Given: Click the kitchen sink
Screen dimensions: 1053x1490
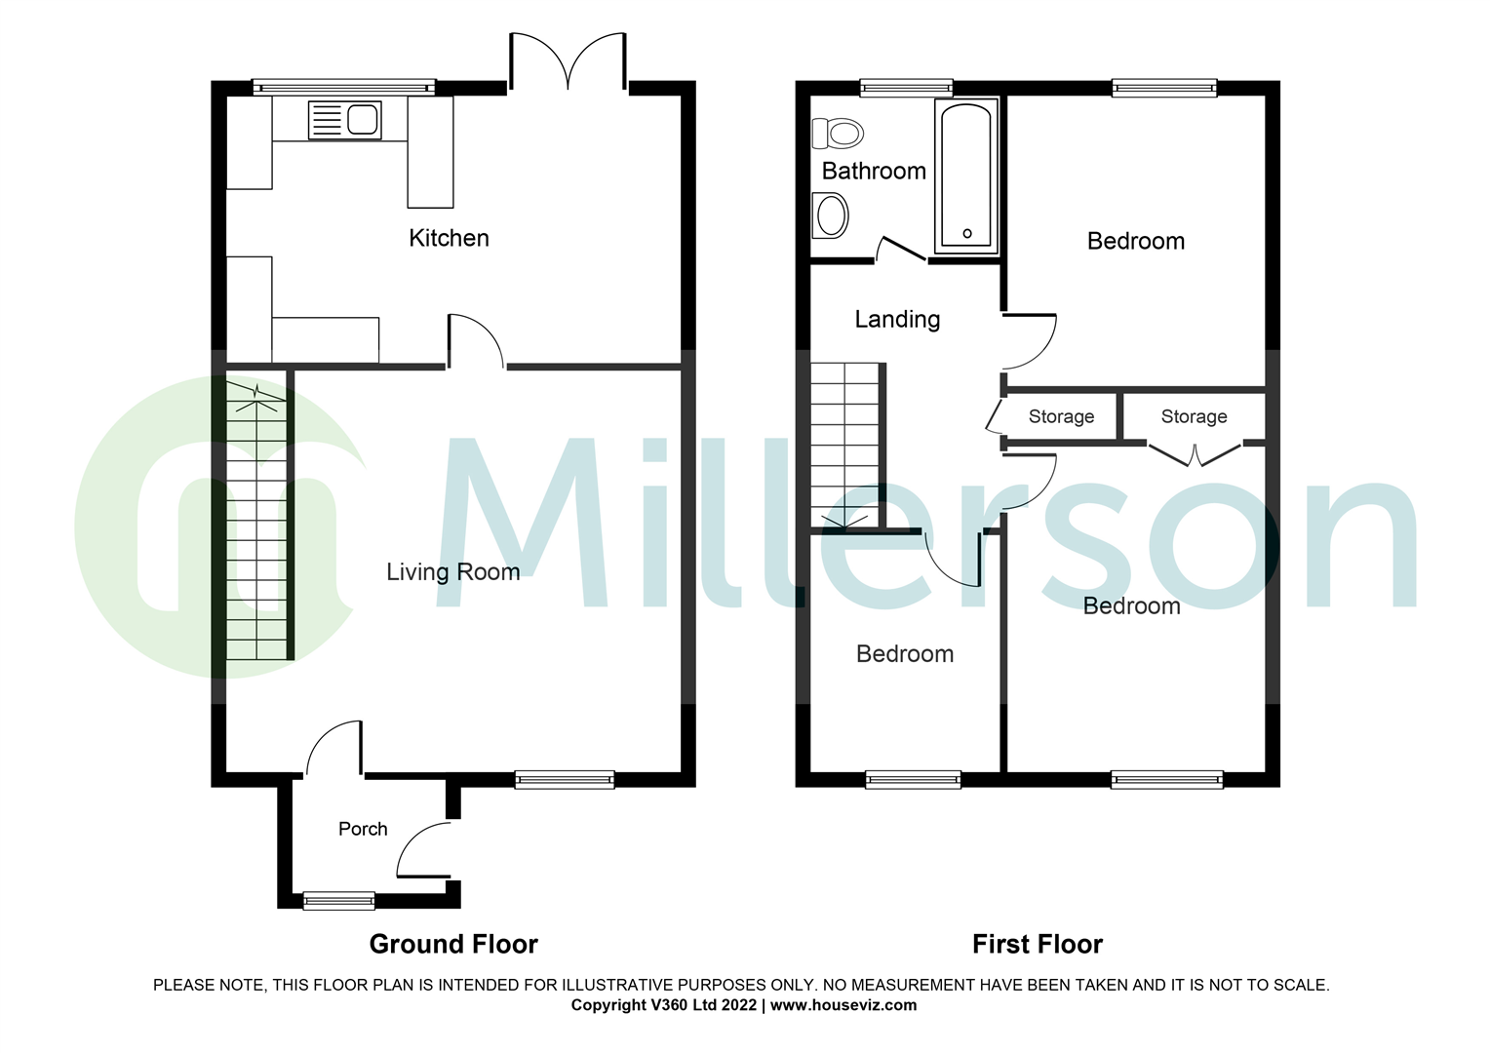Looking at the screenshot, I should click(344, 121).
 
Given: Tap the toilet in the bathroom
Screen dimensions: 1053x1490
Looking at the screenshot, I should click(838, 133).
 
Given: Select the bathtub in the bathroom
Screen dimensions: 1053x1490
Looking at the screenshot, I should click(966, 175).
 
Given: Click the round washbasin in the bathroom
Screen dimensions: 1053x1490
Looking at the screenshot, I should click(832, 215).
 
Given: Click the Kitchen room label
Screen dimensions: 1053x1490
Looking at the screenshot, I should click(449, 238).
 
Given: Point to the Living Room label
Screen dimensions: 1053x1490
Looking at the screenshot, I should click(452, 572).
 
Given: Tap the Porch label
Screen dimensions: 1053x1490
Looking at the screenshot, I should click(363, 829).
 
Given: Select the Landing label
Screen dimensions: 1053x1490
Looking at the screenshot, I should click(897, 320).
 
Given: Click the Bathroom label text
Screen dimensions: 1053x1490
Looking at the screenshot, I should click(874, 172).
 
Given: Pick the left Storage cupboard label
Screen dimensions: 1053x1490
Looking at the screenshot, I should click(1061, 417).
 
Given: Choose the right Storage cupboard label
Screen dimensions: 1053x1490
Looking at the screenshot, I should click(1194, 417).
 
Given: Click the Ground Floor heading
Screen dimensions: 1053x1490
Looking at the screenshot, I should click(453, 944).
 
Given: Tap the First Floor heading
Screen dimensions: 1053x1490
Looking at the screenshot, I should click(1038, 944).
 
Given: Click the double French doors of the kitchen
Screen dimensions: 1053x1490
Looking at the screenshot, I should click(568, 63).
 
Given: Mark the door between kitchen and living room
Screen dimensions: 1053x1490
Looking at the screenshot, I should click(476, 341).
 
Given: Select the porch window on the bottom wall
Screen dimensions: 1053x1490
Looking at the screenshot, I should click(338, 901).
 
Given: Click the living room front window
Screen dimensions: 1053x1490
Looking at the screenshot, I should click(565, 779).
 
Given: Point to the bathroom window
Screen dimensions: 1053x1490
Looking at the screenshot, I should click(906, 89).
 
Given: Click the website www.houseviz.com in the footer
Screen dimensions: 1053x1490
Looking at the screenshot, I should click(843, 1005).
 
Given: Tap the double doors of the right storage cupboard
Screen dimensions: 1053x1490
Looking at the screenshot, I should click(1195, 454).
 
